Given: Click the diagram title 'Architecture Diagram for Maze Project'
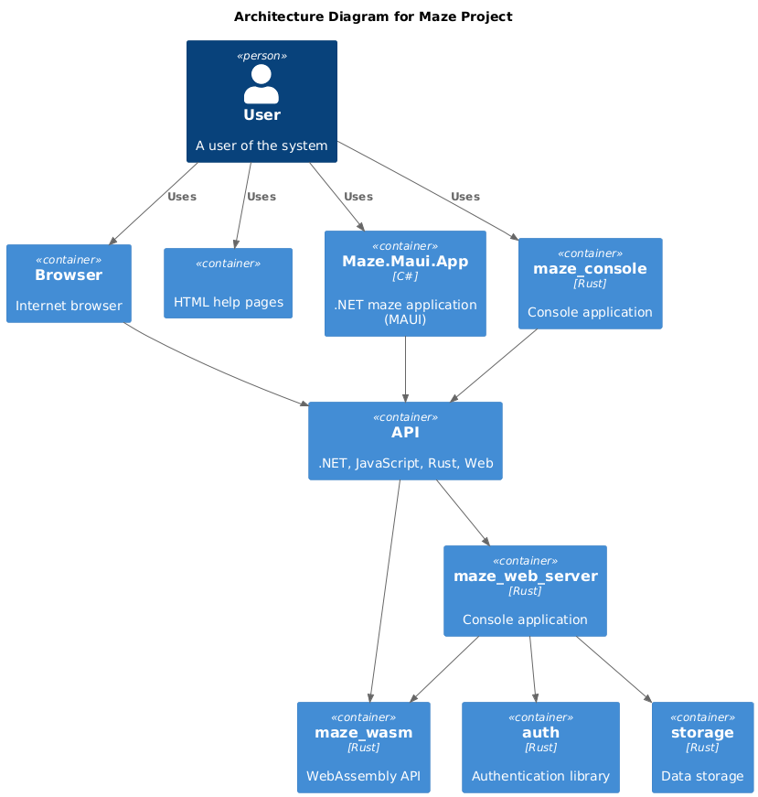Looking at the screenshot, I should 373,16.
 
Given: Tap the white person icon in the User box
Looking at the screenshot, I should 262,84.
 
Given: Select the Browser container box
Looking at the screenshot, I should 69,284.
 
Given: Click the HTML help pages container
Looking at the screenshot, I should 228,284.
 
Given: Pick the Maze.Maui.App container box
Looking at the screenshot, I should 405,284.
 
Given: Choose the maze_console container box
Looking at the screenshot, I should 590,284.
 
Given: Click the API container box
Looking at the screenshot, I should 405,441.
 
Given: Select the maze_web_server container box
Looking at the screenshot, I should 525,590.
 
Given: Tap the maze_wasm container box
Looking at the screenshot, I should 363,747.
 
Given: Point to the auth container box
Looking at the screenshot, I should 540,747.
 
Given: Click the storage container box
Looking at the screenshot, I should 702,747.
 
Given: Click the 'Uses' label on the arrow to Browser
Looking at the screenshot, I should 182,197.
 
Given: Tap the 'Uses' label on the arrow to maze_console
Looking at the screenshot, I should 464,197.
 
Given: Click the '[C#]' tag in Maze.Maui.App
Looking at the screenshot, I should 405,276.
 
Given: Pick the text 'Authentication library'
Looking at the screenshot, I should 540,776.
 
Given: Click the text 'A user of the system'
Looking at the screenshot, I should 262,145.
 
